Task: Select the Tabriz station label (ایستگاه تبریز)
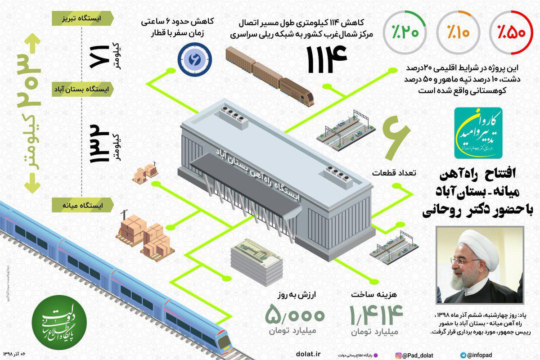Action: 84,18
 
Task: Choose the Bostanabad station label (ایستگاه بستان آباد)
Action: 84,89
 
